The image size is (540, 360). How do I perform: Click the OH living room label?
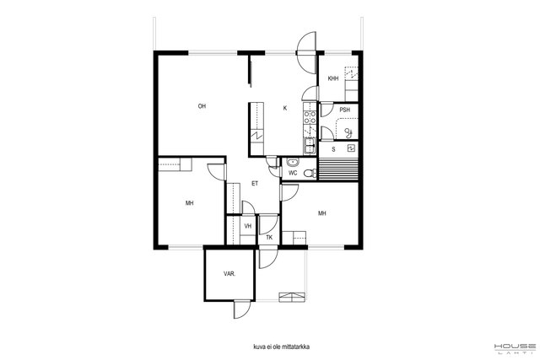coord(202,106)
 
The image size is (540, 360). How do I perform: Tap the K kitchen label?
coord(285,108)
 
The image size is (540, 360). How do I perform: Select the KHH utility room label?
coord(333,78)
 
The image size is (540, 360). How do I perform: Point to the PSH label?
coord(345,110)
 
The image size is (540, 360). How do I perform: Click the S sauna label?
coord(333,150)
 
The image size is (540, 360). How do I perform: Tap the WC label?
coord(293,173)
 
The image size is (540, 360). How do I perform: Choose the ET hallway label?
coord(255,184)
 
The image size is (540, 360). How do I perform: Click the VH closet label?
coord(247,226)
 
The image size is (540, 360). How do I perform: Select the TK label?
coord(269,238)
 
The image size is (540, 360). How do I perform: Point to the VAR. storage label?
coord(229,274)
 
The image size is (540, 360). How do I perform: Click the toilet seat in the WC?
coord(311,173)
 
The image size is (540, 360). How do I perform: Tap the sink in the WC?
coord(293,162)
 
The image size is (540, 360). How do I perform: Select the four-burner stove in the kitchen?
coord(310,117)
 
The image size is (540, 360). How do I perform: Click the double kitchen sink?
coord(310,146)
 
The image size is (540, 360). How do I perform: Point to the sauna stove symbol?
coord(351,148)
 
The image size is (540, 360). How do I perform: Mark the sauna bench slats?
coord(338,169)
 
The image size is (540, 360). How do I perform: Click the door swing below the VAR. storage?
coord(242,309)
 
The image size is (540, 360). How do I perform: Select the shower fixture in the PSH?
coord(348,132)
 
